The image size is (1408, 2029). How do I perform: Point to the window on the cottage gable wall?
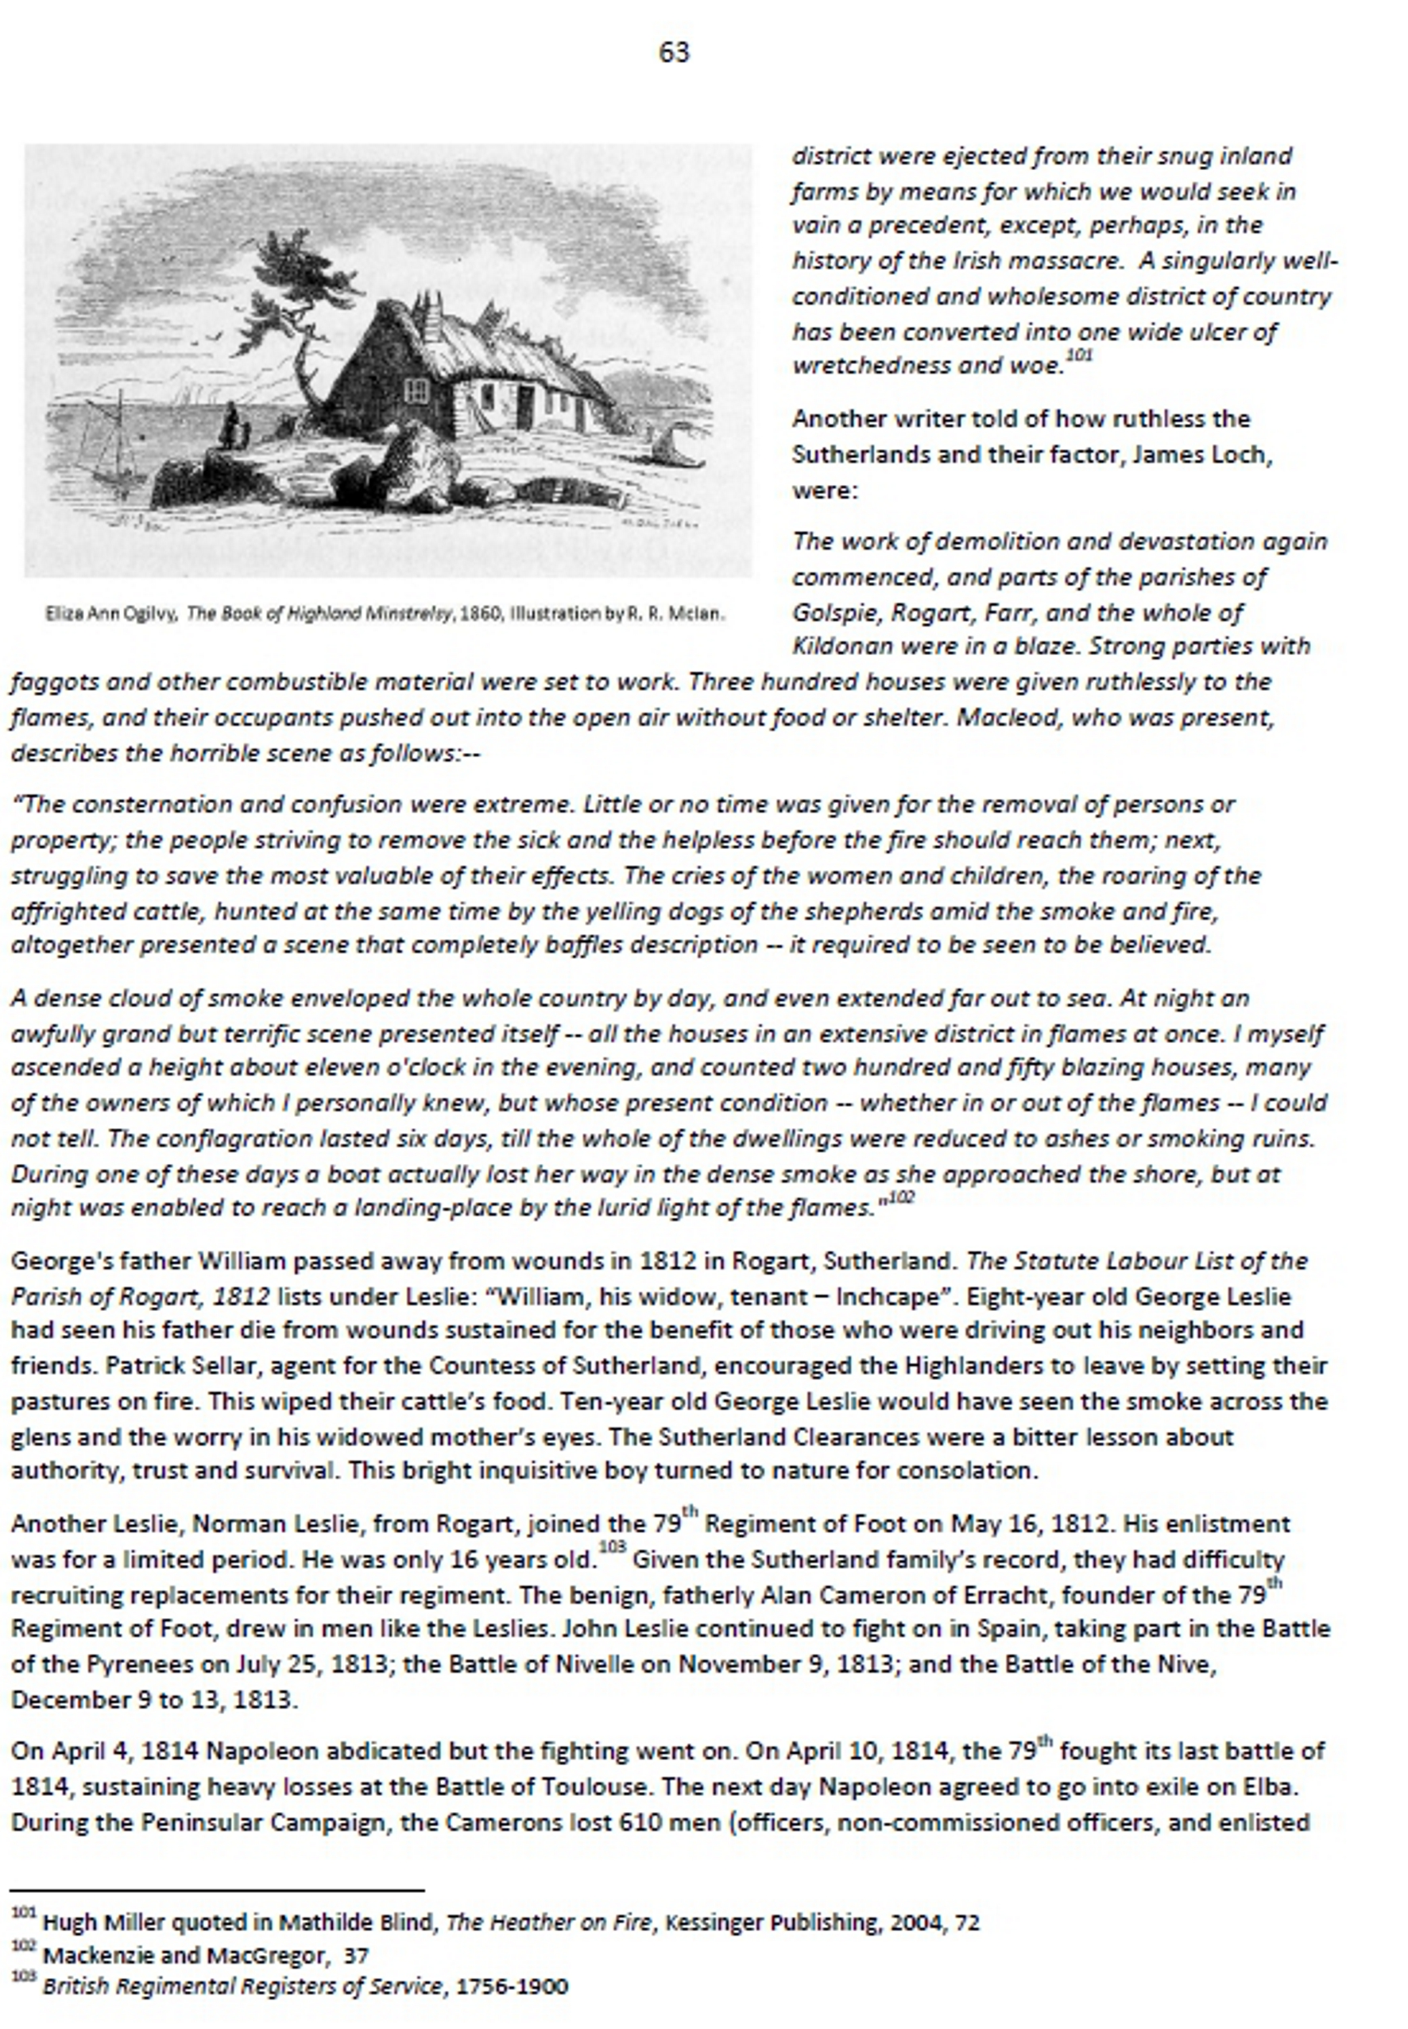pyautogui.click(x=416, y=390)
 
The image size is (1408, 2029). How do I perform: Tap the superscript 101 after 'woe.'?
pyautogui.click(x=1079, y=355)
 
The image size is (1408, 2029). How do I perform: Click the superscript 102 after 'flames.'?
pyautogui.click(x=901, y=1197)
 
